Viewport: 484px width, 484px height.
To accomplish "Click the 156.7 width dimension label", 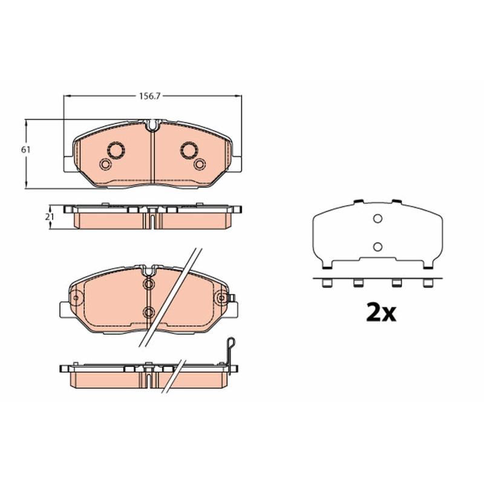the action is click(x=149, y=96).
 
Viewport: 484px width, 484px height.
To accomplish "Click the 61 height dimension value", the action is click(x=25, y=149).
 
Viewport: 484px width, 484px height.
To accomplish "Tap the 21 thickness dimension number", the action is click(x=50, y=217).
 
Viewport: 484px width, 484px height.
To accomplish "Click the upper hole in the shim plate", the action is click(x=378, y=218).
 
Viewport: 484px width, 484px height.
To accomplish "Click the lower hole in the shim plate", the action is click(x=378, y=247).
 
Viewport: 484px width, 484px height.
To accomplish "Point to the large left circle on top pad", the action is click(x=116, y=150).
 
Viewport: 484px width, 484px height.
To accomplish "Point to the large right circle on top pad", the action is click(x=189, y=150).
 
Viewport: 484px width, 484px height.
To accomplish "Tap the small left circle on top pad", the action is click(x=105, y=164).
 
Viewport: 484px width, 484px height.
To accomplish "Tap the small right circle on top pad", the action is click(x=200, y=164).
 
